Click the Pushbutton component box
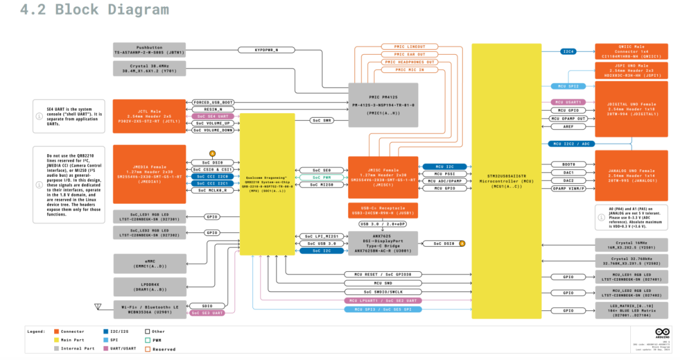pyautogui.click(x=149, y=50)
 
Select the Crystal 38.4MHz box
pyautogui.click(x=149, y=69)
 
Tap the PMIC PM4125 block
pyautogui.click(x=383, y=101)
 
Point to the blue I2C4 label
pyautogui.click(x=569, y=51)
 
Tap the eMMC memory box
pyautogui.click(x=149, y=262)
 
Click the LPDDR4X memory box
pyautogui.click(x=149, y=286)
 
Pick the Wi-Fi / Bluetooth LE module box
pyautogui.click(x=149, y=308)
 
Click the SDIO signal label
pyautogui.click(x=207, y=305)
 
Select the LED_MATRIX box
pyautogui.click(x=630, y=310)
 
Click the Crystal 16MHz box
pyautogui.click(x=630, y=244)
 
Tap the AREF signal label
pyautogui.click(x=569, y=127)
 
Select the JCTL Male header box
pyautogui.click(x=149, y=116)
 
